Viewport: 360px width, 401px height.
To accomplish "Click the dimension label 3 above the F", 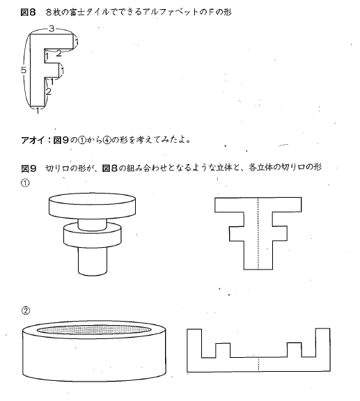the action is tap(52, 29).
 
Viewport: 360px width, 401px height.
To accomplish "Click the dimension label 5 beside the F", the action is tap(24, 70).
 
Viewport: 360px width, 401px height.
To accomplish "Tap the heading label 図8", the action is tap(28, 13).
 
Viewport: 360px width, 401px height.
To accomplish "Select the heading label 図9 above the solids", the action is tap(29, 168).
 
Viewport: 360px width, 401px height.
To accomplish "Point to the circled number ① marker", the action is tap(25, 183).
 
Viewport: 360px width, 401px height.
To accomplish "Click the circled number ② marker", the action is tap(26, 310).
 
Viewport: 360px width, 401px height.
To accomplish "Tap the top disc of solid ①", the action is tap(92, 206).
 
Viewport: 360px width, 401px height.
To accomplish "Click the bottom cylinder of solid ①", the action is tap(93, 261).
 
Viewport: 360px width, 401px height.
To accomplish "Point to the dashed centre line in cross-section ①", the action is tap(258, 233).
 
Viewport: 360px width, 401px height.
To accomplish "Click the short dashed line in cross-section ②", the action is tap(258, 364).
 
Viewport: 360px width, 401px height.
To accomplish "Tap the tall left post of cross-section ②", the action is tap(194, 343).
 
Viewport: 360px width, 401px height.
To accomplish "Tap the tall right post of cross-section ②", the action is tap(323, 343).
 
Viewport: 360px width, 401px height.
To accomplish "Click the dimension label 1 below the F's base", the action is tap(38, 111).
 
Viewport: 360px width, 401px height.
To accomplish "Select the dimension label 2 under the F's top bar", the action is tap(59, 54).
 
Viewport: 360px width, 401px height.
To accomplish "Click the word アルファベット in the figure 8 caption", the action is tap(167, 13).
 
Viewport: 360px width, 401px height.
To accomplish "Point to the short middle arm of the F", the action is tap(52, 70).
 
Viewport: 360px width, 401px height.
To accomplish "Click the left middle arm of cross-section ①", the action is tap(237, 233).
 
